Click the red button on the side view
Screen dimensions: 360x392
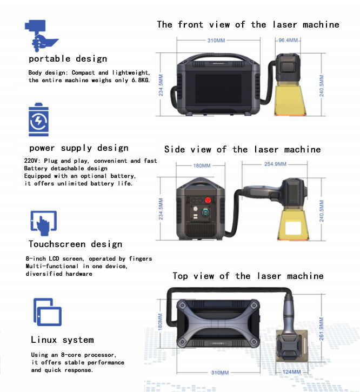point(208,200)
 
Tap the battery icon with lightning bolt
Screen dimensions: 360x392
point(38,119)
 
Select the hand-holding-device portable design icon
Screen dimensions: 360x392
point(41,36)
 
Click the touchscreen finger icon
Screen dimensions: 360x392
point(43,223)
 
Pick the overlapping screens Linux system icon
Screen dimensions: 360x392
point(48,312)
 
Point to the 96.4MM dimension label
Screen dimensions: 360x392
point(288,40)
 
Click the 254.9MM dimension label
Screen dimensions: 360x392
point(275,164)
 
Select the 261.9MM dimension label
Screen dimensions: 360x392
point(322,329)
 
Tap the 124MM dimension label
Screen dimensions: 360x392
point(291,372)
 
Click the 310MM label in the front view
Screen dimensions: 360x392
point(216,41)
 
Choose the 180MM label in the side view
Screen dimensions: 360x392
point(202,165)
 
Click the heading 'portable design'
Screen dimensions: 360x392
point(68,59)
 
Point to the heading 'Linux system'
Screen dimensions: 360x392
point(63,340)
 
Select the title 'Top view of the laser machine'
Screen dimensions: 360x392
point(248,276)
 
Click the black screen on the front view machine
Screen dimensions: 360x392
point(218,89)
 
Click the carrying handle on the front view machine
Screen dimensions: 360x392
point(218,57)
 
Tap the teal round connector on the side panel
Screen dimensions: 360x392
point(205,212)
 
